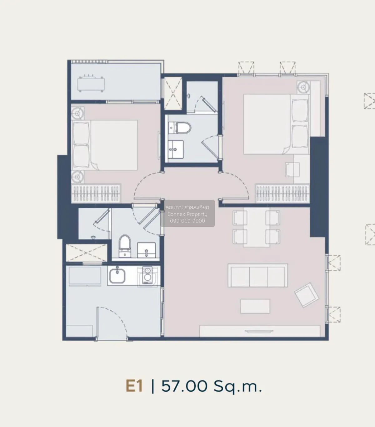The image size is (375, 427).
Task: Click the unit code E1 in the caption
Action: pos(134,386)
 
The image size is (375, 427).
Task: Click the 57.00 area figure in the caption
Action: pos(184,386)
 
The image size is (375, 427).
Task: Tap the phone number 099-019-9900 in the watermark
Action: pos(187,221)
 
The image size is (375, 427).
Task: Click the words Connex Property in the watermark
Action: pos(187,214)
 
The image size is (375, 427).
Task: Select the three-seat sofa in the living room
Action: pos(258,275)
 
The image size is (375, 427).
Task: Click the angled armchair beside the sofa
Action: pos(306,295)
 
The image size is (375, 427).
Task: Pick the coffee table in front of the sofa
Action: pos(255,306)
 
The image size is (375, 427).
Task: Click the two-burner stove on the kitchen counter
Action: pos(147,275)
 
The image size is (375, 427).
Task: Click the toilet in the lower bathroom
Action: pos(125,246)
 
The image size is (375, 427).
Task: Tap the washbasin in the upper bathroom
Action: pos(176,150)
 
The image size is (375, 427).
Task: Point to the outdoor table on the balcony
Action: pos(91,84)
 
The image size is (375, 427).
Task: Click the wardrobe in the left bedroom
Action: pos(96,194)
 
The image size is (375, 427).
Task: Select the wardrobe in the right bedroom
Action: pos(282,194)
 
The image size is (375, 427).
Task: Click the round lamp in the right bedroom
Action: pos(303,87)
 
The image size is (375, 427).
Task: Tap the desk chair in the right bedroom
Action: pos(292,170)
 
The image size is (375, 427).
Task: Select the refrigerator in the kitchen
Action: pos(85,276)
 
